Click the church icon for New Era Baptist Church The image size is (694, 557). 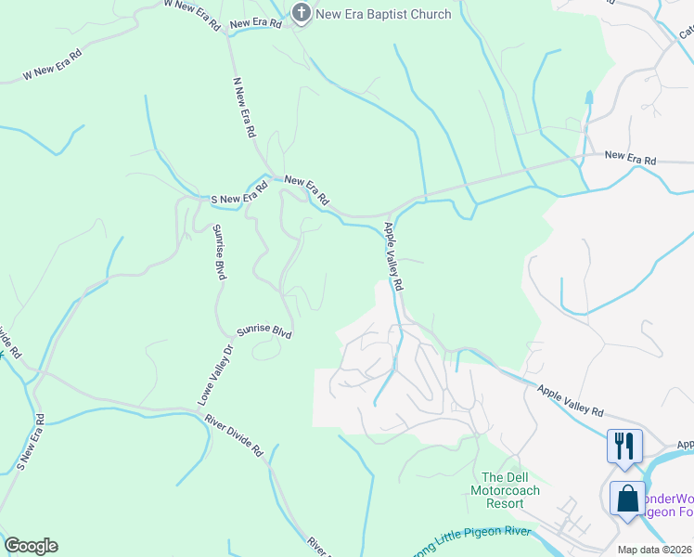[301, 13]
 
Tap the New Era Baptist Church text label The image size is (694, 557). [383, 14]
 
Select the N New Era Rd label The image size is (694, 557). [243, 108]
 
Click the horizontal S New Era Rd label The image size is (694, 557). [239, 192]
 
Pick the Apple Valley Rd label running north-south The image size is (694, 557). [394, 258]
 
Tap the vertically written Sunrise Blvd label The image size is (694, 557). [220, 252]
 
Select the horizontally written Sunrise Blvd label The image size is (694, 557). [263, 331]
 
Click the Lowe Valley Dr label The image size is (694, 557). [213, 375]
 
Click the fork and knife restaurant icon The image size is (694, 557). [623, 446]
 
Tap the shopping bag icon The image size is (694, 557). [627, 497]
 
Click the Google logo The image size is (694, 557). [31, 546]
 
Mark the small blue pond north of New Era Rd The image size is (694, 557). [589, 97]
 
